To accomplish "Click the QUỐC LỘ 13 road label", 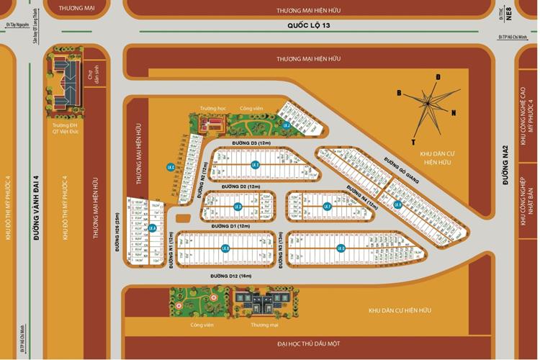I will coord(308,26).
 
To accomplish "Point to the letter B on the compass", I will coord(398,92).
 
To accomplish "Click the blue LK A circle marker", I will coord(153,228).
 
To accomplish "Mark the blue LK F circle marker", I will coord(327,206).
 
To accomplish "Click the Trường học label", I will coord(213,108).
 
